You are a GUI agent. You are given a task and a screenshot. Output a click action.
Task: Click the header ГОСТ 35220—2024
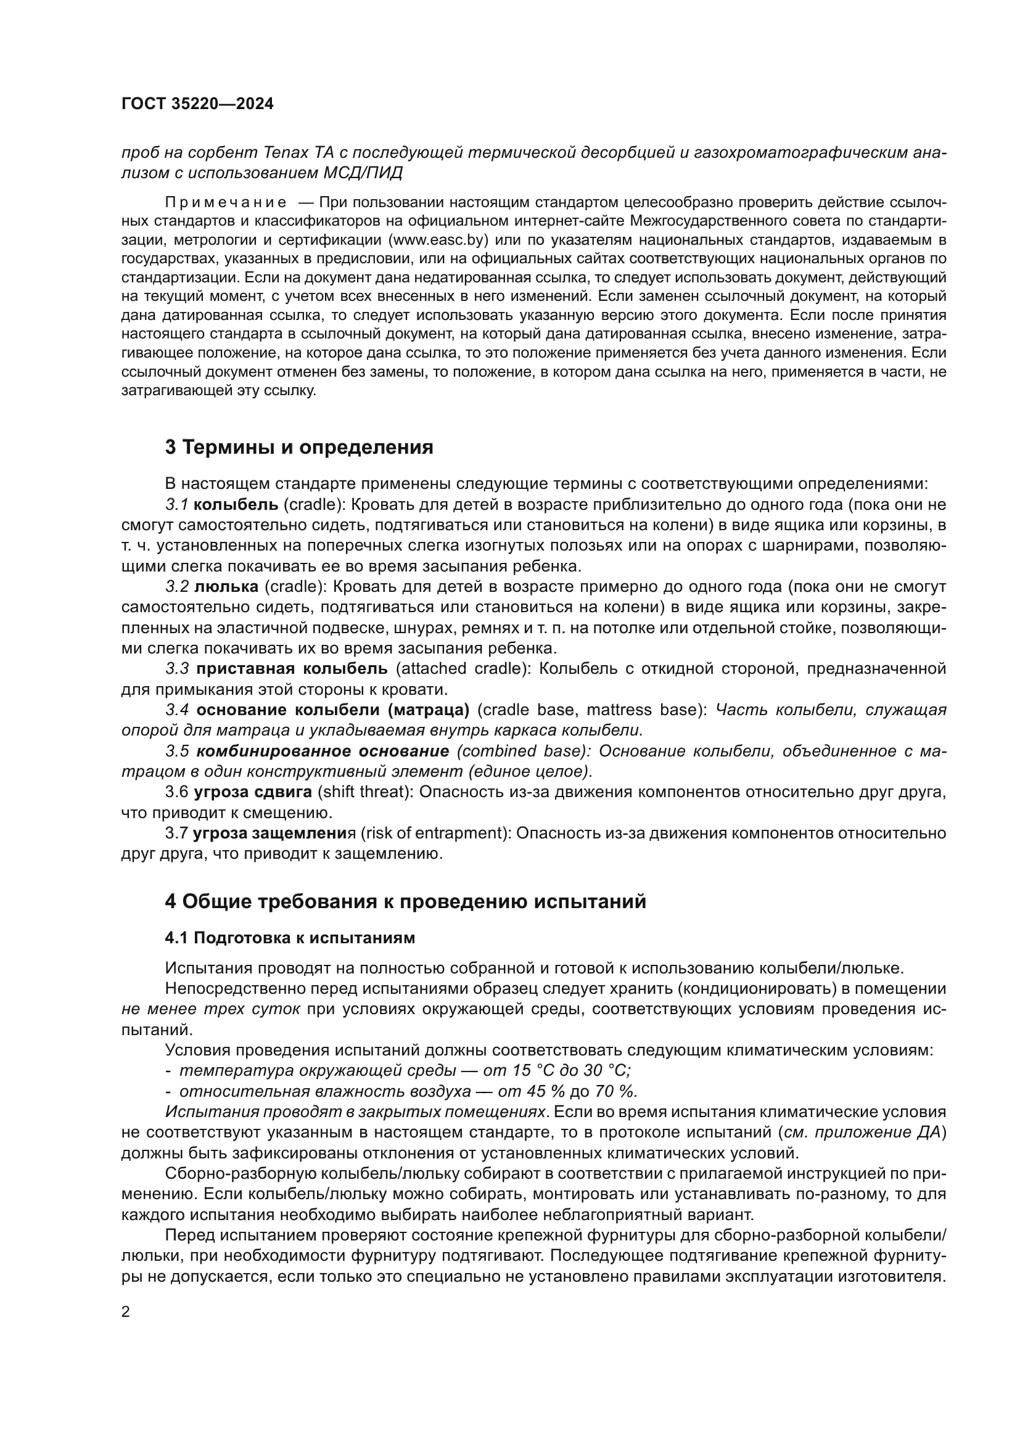point(197,104)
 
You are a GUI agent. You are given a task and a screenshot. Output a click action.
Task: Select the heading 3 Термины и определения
point(299,448)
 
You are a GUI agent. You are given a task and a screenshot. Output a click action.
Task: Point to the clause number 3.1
point(176,504)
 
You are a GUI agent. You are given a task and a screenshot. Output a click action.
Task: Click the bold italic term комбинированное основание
point(323,751)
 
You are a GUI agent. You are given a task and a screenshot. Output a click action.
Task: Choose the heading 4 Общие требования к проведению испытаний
point(405,902)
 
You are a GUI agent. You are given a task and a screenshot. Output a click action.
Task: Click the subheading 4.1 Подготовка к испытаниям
point(290,938)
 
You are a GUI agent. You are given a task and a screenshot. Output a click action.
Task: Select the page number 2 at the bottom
point(126,1313)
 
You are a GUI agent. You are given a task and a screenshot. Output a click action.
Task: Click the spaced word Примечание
point(226,203)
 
